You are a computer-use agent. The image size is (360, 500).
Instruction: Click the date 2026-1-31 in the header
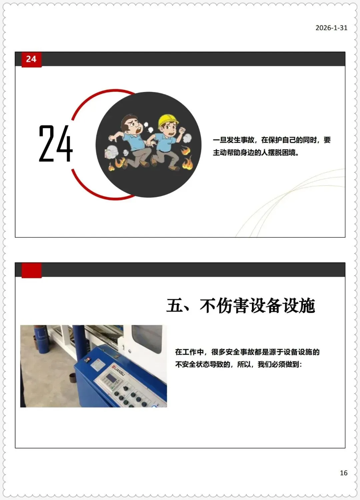[331, 28]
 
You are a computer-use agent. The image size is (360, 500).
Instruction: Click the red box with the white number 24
[31, 59]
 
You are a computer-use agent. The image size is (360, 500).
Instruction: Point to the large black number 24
[56, 143]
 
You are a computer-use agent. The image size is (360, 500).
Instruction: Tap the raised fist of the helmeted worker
[183, 130]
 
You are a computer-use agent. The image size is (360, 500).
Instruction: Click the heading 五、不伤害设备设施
[241, 306]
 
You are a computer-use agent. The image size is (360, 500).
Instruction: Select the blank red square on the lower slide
[31, 270]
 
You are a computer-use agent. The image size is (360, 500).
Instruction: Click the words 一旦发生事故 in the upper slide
[233, 140]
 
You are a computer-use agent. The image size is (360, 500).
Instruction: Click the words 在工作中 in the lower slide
[189, 352]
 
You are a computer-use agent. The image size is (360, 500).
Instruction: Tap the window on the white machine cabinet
[147, 339]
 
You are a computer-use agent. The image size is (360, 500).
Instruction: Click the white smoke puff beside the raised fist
[187, 138]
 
